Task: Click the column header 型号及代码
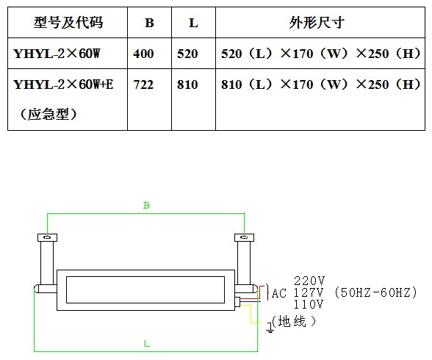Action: (x=68, y=22)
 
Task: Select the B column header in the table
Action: (x=149, y=23)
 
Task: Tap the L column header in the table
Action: (x=193, y=23)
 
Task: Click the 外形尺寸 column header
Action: (x=317, y=22)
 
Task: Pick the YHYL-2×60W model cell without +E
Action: (x=57, y=54)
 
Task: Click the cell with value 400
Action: (x=143, y=54)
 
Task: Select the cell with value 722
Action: (x=143, y=84)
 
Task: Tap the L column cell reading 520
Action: (x=187, y=54)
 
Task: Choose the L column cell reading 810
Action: (x=187, y=84)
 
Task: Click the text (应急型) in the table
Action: (x=48, y=114)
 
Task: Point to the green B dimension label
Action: (x=146, y=205)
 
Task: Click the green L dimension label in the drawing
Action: (x=147, y=344)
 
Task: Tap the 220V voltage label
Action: (x=309, y=281)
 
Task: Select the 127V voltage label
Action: (x=308, y=292)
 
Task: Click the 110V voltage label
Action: (x=308, y=304)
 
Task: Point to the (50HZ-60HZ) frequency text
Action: (x=376, y=292)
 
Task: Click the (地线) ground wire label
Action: (x=294, y=322)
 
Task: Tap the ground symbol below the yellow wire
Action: (x=270, y=328)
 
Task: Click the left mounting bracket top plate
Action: (x=47, y=237)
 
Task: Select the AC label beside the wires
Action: (x=279, y=293)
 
